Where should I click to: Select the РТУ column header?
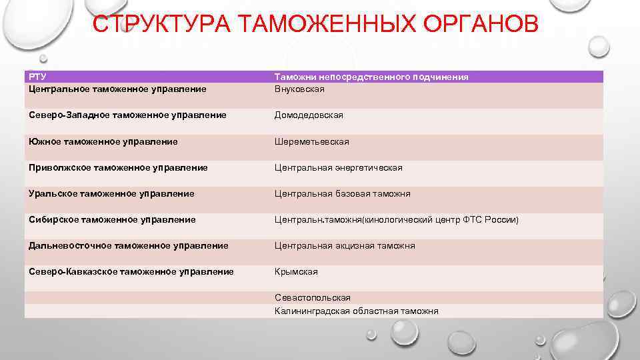point(38,77)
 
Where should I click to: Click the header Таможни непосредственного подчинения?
point(371,77)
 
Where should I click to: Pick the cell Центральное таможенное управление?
point(117,89)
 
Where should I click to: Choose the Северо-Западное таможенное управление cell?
point(127,115)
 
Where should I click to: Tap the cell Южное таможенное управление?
point(103,142)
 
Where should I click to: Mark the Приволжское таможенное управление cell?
point(118,168)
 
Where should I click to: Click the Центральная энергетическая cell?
point(339,168)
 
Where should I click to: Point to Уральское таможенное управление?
point(111,194)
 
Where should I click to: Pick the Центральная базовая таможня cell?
point(343,194)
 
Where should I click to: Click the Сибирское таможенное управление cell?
point(112,220)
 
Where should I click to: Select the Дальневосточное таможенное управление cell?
point(129,246)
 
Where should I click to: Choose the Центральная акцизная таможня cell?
point(345,246)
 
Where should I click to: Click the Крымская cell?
point(296,272)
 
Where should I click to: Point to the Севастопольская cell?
point(312,298)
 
